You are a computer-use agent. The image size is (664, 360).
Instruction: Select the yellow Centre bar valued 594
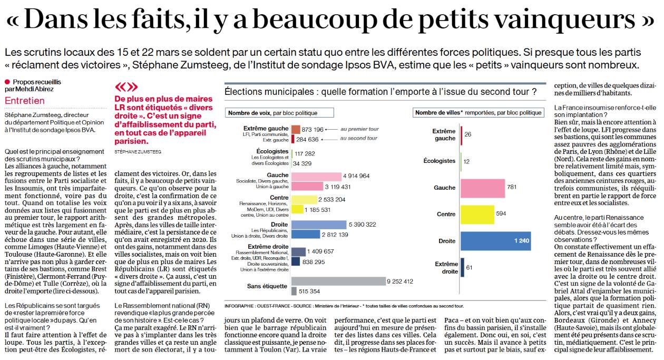(477, 214)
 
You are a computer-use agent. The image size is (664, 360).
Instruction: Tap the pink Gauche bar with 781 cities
(482, 188)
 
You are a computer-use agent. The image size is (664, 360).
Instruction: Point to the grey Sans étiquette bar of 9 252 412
(338, 281)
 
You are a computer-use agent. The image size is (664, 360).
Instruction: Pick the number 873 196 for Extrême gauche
(313, 130)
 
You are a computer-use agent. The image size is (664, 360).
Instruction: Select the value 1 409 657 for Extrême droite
(325, 251)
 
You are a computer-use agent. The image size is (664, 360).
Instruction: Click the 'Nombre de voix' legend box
(272, 113)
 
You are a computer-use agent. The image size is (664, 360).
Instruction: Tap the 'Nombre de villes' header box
(479, 113)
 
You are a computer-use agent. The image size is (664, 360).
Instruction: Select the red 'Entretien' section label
(24, 101)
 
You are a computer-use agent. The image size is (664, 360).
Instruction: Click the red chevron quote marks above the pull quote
(126, 87)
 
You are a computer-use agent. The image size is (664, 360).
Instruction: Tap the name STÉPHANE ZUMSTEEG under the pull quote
(138, 151)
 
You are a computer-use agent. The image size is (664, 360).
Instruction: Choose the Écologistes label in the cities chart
(440, 161)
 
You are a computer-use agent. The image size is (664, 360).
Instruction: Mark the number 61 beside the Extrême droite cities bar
(469, 268)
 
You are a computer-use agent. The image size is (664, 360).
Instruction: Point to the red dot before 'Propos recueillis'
(7, 82)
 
